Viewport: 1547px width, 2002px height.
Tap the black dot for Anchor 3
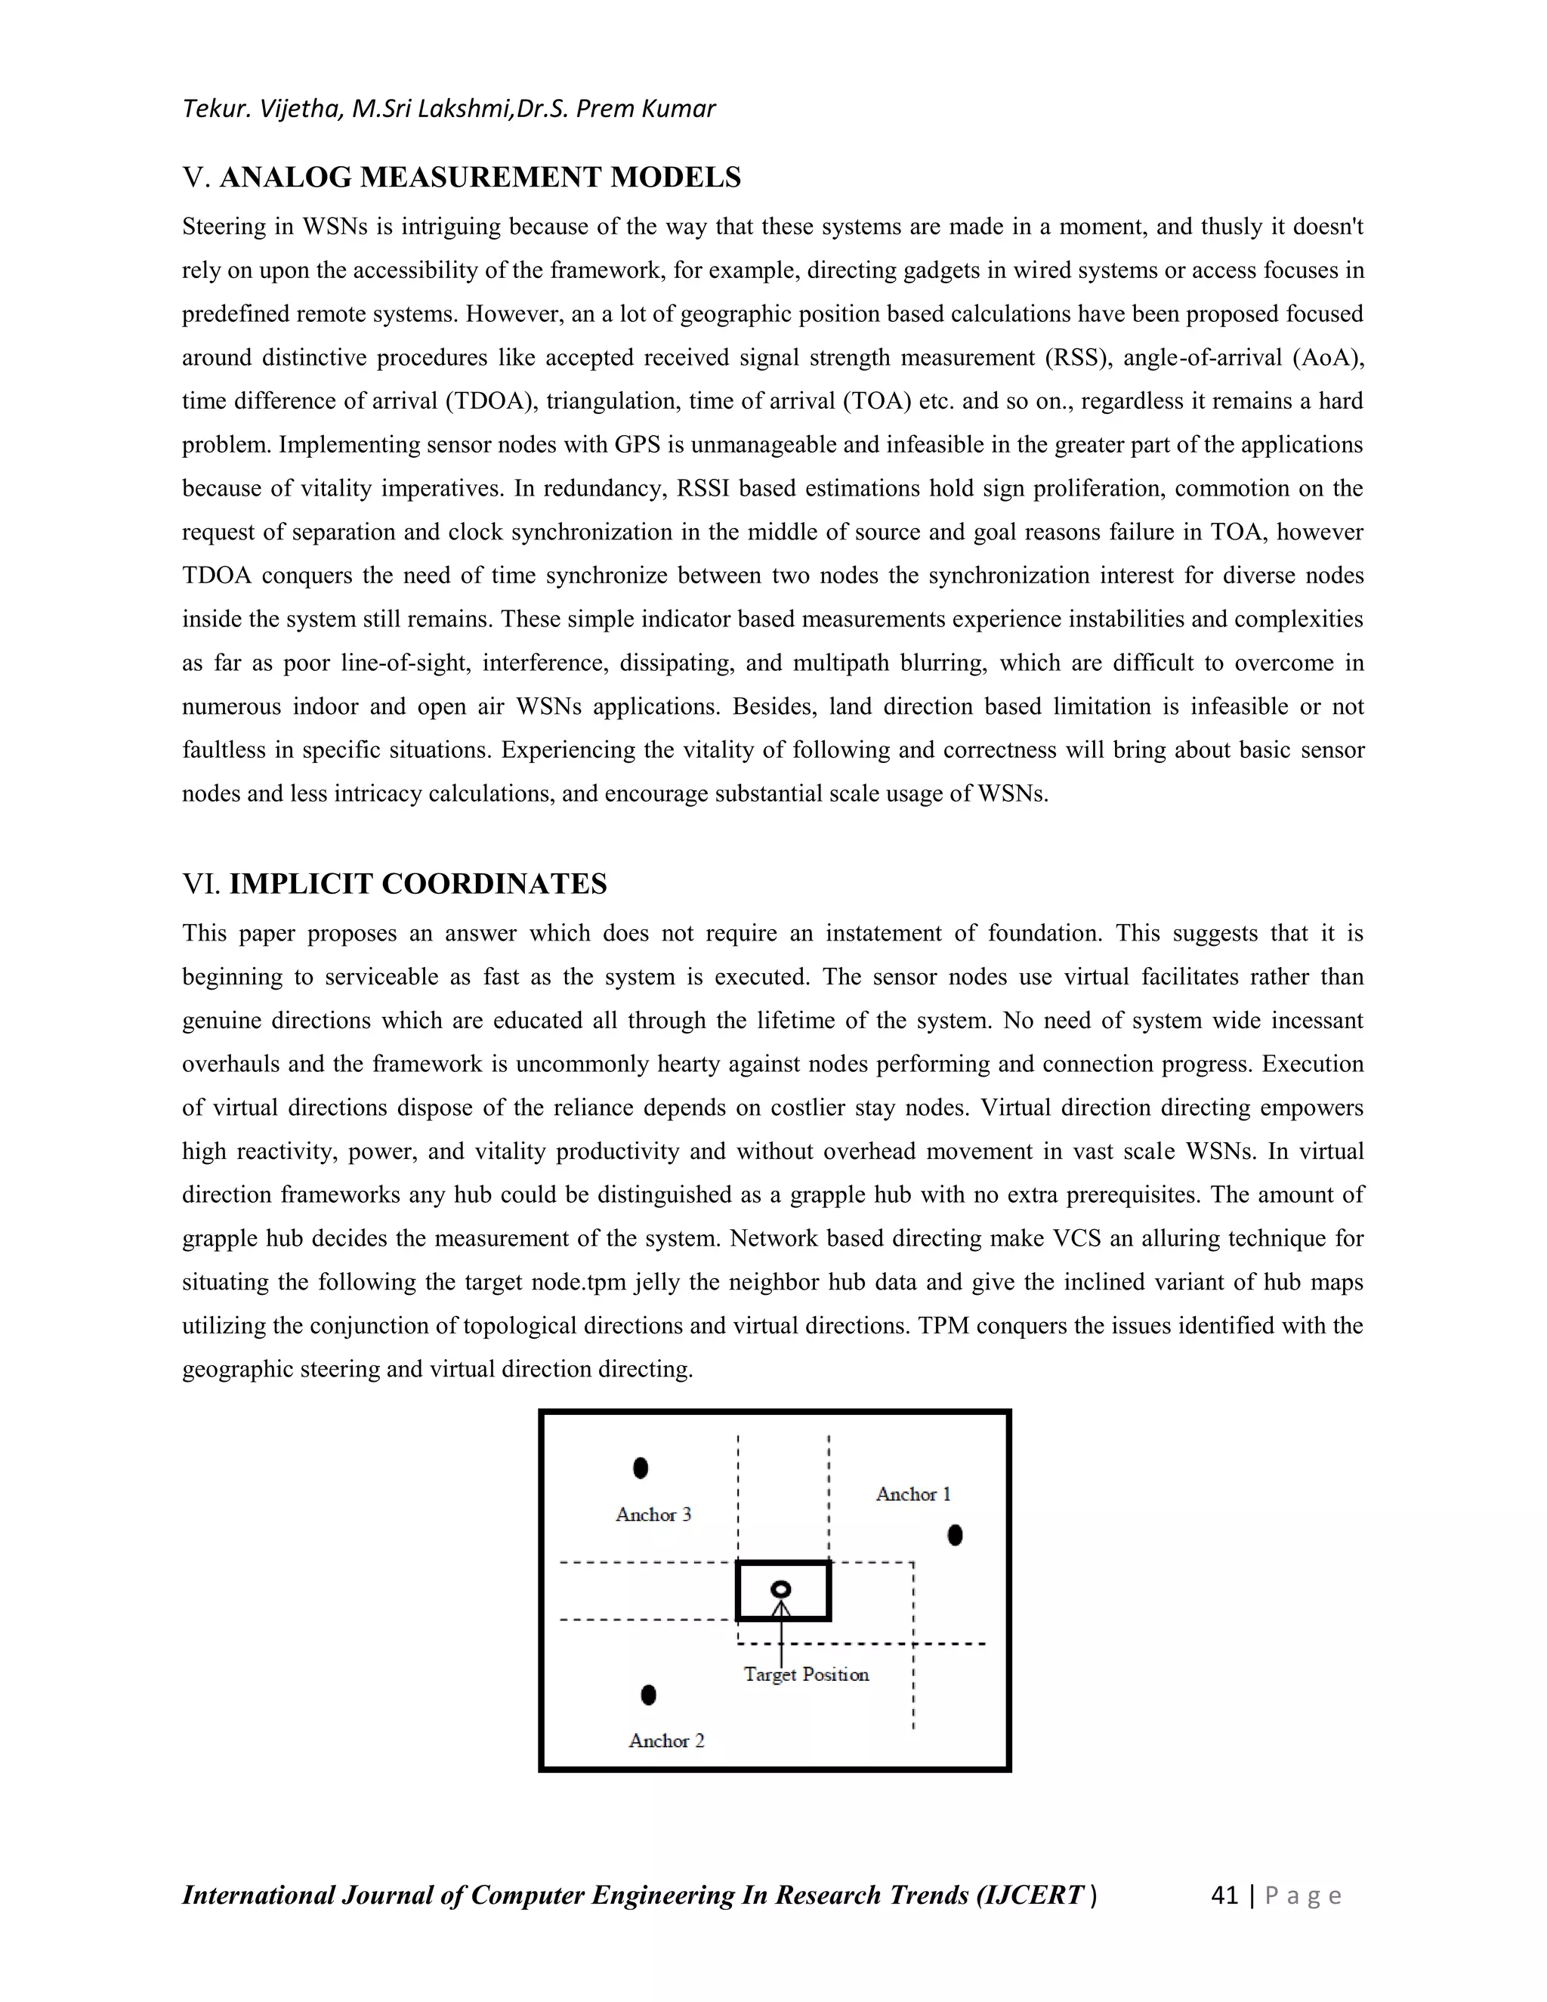641,1469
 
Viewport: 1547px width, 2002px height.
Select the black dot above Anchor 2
649,1696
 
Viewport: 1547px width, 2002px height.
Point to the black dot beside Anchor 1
955,1535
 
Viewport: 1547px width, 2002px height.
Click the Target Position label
805,1675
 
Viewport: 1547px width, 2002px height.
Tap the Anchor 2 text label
666,1741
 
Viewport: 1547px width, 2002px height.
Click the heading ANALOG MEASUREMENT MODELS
480,177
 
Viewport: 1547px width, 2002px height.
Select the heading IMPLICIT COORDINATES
417,884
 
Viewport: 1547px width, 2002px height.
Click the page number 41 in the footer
1224,1895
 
